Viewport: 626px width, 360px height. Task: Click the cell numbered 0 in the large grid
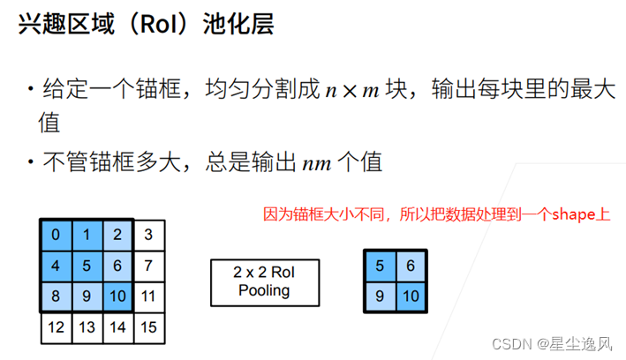pyautogui.click(x=56, y=235)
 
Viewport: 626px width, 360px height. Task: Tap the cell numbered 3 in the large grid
pyautogui.click(x=148, y=235)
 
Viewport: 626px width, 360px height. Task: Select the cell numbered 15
pyautogui.click(x=148, y=327)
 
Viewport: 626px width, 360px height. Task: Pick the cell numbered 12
pyautogui.click(x=56, y=327)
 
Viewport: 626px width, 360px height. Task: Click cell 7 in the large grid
pyautogui.click(x=148, y=265)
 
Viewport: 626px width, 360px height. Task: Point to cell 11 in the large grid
pyautogui.click(x=148, y=296)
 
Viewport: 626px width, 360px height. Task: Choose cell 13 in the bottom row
pyautogui.click(x=87, y=327)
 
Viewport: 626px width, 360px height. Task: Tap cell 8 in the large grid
pyautogui.click(x=56, y=296)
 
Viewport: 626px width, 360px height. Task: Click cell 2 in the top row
pyautogui.click(x=117, y=235)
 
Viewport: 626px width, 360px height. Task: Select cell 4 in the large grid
pyautogui.click(x=56, y=265)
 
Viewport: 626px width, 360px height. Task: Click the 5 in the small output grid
pyautogui.click(x=380, y=264)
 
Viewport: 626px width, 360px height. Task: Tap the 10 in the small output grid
pyautogui.click(x=411, y=296)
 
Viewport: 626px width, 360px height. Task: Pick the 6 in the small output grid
pyautogui.click(x=411, y=264)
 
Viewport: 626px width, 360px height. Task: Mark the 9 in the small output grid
pyautogui.click(x=380, y=296)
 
